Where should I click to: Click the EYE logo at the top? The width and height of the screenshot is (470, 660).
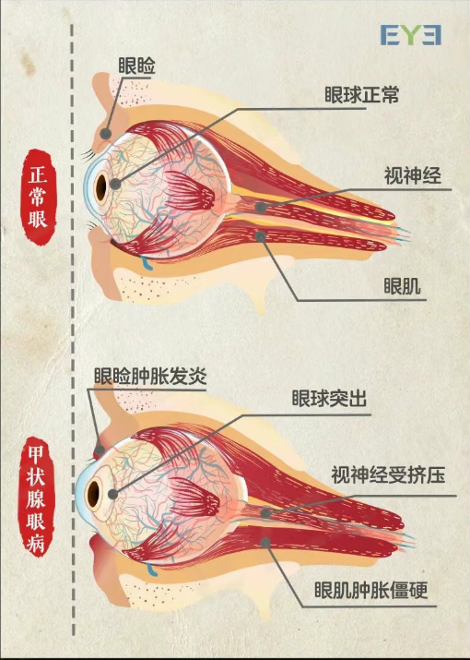coord(411,35)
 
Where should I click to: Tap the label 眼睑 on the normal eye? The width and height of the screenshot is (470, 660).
coord(136,66)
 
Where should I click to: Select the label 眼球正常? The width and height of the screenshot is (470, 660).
coord(361,95)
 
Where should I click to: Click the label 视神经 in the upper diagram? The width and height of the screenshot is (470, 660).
coord(413,175)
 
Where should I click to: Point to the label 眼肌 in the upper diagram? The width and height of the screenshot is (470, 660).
coord(403,286)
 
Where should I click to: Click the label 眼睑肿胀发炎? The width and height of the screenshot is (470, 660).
coord(150,376)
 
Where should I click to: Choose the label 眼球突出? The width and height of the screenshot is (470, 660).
coord(329,398)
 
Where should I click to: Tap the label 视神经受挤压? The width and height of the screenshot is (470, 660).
coord(388,475)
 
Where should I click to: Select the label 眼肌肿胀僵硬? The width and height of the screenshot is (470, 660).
coord(371,590)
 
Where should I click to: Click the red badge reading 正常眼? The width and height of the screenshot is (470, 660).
coord(39,197)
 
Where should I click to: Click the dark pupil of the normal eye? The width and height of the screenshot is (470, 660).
coord(101,186)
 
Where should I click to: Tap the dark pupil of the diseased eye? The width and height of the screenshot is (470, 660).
coord(93,492)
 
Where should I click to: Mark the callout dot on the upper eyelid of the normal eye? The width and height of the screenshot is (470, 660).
coord(106,134)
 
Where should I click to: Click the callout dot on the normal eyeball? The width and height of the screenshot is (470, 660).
coord(115,184)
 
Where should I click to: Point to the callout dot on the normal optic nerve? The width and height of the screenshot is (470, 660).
coord(261,207)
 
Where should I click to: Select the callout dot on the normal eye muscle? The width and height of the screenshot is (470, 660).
coord(261,236)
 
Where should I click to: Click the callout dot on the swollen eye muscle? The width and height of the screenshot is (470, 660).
coord(265,543)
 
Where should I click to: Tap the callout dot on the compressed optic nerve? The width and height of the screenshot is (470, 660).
coord(265,513)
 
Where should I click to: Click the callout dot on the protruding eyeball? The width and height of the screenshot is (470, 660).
coord(112,494)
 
